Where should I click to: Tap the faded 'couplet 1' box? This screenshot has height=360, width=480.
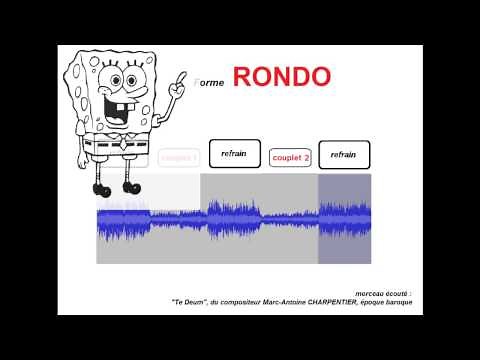[x=179, y=157]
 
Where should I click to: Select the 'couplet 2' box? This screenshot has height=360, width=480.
[x=292, y=157]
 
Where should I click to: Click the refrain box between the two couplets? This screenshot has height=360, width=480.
[x=234, y=154]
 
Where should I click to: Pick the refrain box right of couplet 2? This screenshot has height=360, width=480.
[x=343, y=155]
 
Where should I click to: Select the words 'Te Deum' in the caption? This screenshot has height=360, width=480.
[x=187, y=301]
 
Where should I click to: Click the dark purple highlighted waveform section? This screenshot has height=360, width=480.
[x=344, y=219]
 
